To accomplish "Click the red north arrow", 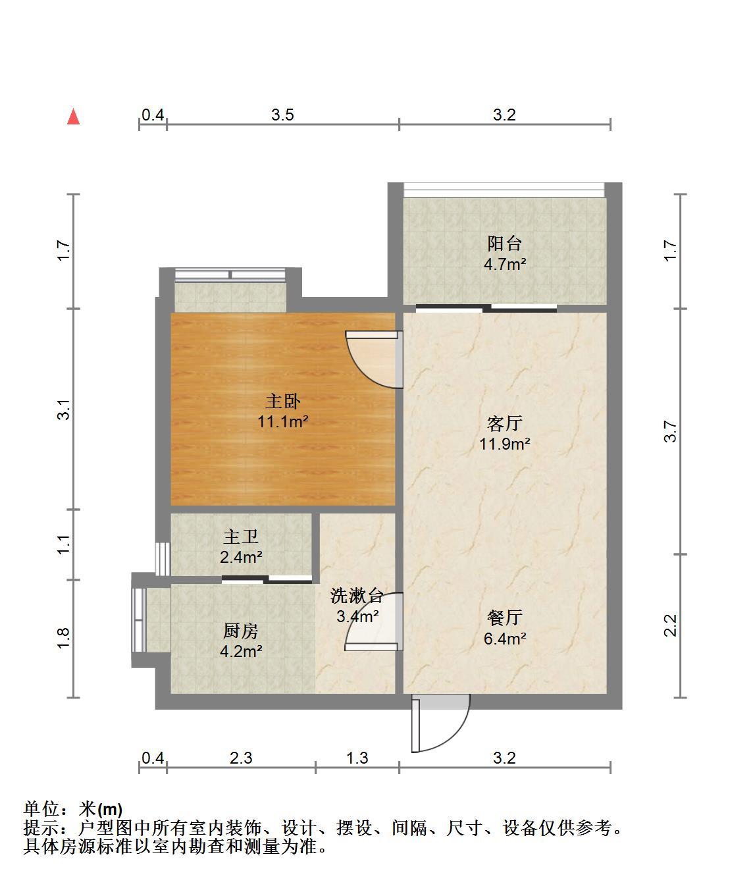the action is coord(74,117).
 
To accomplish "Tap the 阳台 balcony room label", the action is coord(504,244).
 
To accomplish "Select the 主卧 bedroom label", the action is coord(283,401).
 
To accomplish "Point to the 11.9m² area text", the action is coord(504,444).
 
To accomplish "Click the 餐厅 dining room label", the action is coord(504,617).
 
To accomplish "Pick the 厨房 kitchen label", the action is coord(241,631).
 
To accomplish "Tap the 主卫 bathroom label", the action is coord(241,537).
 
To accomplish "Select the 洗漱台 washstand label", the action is coord(357,596).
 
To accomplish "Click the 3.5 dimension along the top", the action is coord(282,115).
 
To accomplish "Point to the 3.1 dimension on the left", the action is coord(63,409).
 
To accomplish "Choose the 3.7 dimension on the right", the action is coord(670,431).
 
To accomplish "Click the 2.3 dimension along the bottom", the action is coord(241,758).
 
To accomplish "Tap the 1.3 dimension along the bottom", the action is coord(357,758).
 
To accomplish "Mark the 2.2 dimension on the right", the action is coord(670,625).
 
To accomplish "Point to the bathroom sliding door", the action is coord(267,579).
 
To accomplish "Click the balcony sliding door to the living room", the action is coord(486,308).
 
